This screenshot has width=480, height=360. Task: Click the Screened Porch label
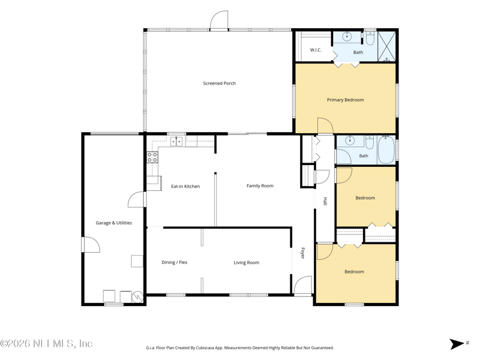(219, 83)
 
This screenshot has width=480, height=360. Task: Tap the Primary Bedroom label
(346, 100)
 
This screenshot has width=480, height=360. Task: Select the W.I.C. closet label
(316, 50)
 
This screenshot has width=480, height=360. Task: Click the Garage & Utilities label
(114, 223)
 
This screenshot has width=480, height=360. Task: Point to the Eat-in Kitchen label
(185, 187)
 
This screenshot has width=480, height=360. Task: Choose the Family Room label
(260, 186)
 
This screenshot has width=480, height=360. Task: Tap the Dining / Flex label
(175, 262)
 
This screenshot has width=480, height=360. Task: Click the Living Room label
(247, 263)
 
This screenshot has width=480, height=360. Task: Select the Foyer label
(303, 253)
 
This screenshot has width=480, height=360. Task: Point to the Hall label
(325, 201)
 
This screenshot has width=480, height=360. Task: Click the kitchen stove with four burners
(152, 157)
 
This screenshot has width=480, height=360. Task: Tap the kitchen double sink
(176, 142)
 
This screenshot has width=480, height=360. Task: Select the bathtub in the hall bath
(386, 151)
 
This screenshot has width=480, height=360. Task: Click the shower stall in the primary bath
(386, 46)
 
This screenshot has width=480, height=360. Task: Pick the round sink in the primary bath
(347, 37)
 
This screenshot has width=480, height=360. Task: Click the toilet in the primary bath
(370, 38)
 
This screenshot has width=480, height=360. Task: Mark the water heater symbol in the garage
(137, 296)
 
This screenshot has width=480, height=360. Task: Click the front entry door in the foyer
(303, 286)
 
